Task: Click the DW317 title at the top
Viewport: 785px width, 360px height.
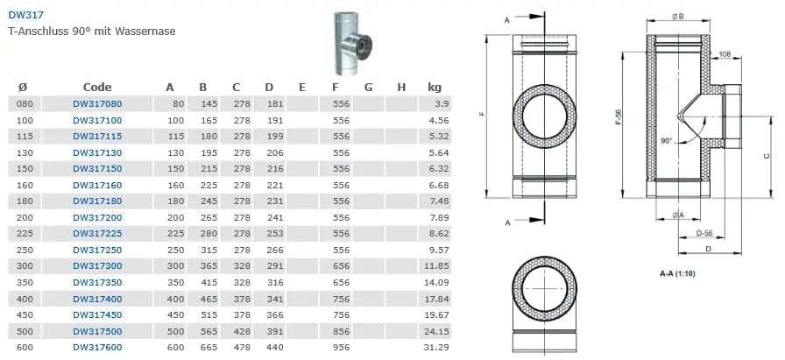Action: [x=25, y=16]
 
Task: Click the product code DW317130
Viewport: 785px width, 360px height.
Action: [x=97, y=152]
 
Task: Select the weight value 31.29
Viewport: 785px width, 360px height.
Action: [x=435, y=348]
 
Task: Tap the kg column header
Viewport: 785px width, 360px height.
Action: [x=435, y=87]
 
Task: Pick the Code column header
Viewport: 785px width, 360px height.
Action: [x=97, y=87]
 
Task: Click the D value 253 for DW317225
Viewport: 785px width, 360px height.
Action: [x=275, y=234]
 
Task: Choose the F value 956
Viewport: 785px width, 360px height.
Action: [x=341, y=348]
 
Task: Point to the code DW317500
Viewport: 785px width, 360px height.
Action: [x=97, y=331]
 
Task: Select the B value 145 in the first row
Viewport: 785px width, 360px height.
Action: [x=209, y=104]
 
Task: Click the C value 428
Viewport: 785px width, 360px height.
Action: [x=243, y=331]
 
